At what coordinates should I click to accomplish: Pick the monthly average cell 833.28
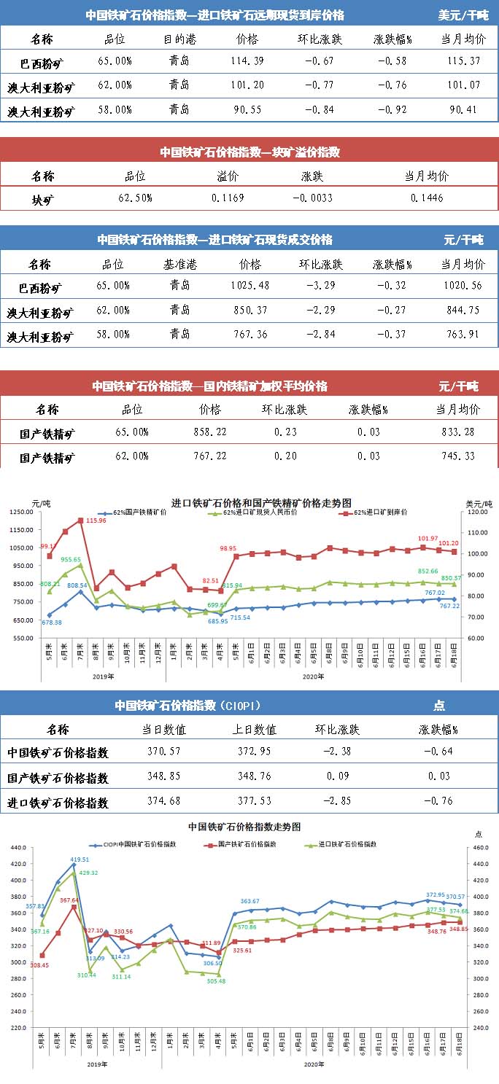coord(458,432)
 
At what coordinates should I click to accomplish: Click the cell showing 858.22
coord(214,432)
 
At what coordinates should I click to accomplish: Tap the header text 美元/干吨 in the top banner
coord(463,15)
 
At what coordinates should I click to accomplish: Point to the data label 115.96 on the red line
coord(96,520)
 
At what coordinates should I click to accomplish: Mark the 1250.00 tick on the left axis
coord(22,512)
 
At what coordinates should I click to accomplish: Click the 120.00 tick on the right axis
coord(477,512)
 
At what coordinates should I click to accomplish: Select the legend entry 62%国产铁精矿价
coord(139,512)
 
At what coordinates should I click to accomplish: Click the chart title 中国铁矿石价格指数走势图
coord(244,827)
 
